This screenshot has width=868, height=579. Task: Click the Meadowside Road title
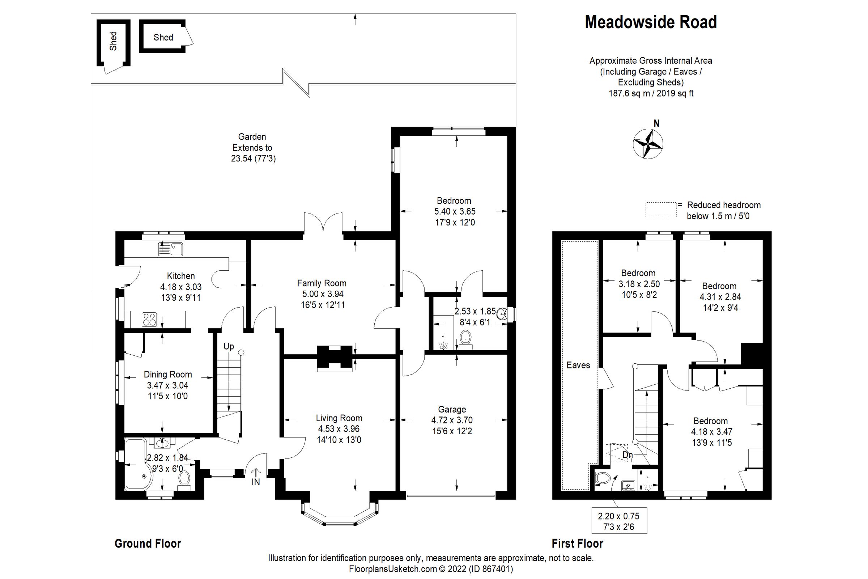point(651,22)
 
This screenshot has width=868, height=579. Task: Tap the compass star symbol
point(648,144)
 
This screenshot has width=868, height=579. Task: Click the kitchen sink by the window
point(170,249)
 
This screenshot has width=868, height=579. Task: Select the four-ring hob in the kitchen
point(149,320)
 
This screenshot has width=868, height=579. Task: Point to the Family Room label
point(322,283)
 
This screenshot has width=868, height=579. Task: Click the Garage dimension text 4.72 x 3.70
point(452,420)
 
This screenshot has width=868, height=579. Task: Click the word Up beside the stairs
point(229,346)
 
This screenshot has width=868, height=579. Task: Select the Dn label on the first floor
point(627,455)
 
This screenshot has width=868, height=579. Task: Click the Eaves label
point(578,365)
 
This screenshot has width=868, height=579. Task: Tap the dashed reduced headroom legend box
point(661,210)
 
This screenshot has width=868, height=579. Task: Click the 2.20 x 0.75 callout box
point(619,521)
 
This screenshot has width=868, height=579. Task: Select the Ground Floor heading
point(148,544)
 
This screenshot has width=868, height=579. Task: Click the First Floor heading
point(577,544)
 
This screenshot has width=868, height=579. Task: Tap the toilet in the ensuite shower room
point(466,338)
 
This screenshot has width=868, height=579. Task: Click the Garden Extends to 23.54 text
point(253,148)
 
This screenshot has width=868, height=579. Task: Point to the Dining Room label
point(167,375)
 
